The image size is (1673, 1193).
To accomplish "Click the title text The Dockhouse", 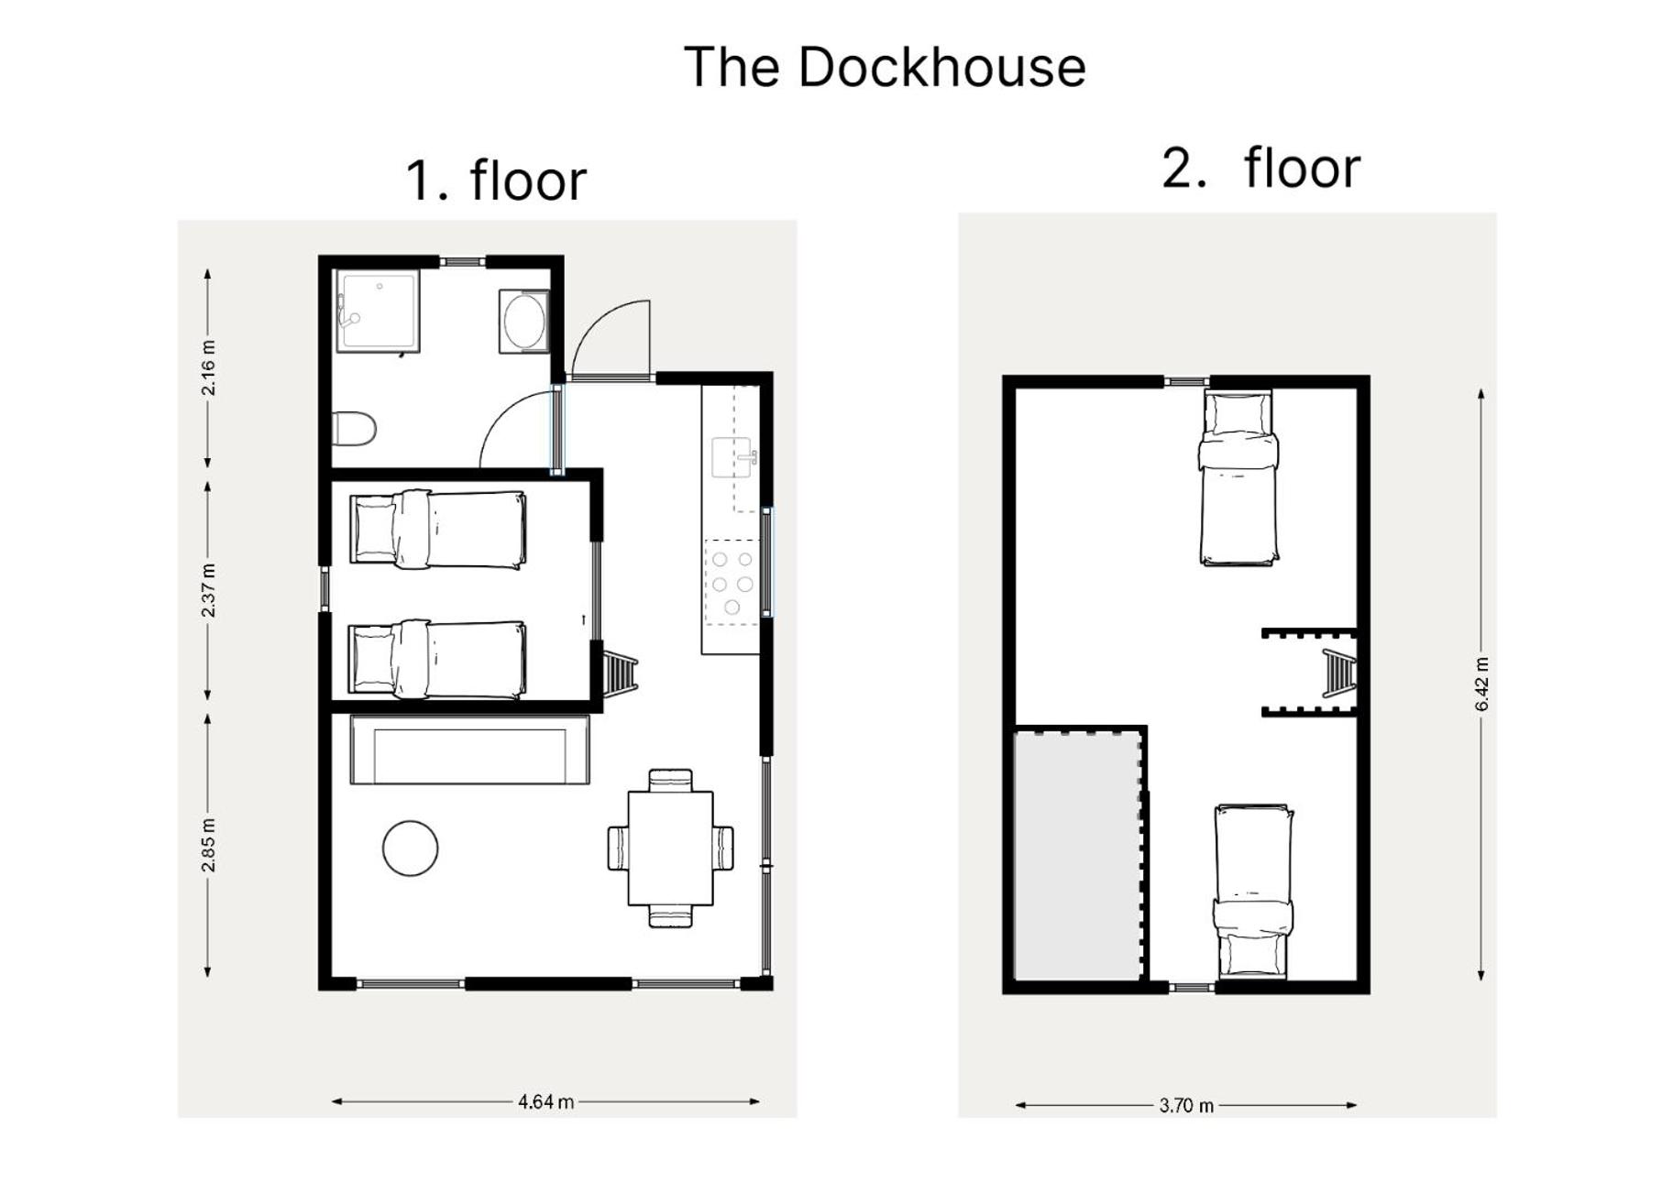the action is click(885, 67).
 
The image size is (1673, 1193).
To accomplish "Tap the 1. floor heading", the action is click(495, 180).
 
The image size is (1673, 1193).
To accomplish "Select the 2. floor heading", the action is click(1261, 168).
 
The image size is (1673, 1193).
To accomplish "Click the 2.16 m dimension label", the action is click(209, 367).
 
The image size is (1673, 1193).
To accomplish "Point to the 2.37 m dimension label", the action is click(209, 591).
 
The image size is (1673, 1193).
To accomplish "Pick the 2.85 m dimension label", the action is click(209, 845).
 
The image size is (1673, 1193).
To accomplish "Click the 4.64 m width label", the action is click(546, 1101).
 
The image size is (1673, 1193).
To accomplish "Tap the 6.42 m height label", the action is click(1482, 684).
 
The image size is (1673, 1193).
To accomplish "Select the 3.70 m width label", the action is click(1186, 1105).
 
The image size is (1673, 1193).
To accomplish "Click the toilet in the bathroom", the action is click(354, 428).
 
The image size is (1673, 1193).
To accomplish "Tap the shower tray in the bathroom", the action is click(378, 311).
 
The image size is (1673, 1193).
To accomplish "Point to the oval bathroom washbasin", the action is click(524, 321).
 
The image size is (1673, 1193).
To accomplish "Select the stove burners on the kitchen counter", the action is click(732, 583).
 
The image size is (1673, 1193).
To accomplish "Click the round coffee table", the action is click(410, 848).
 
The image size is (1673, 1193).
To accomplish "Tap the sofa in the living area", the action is click(469, 750).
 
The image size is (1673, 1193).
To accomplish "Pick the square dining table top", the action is click(670, 848).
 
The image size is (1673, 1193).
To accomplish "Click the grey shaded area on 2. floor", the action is click(1078, 855).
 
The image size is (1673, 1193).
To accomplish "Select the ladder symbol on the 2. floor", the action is click(1338, 673).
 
